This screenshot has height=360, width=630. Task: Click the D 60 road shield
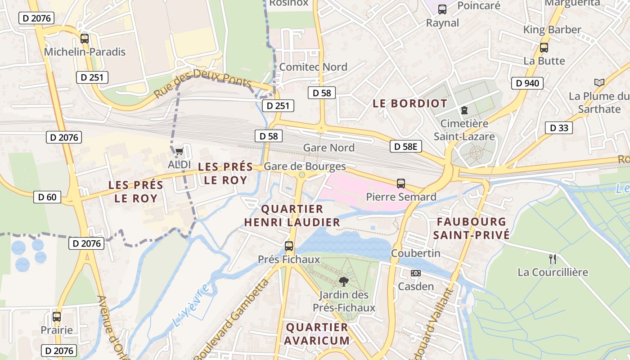pyautogui.click(x=47, y=197)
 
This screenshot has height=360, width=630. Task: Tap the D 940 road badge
pyautogui.click(x=527, y=83)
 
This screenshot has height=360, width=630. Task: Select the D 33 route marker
pyautogui.click(x=559, y=128)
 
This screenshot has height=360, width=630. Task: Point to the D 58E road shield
pyautogui.click(x=406, y=146)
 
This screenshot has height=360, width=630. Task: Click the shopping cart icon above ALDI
pyautogui.click(x=180, y=151)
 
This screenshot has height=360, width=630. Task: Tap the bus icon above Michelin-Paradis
pyautogui.click(x=84, y=39)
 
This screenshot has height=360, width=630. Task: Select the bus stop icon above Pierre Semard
pyautogui.click(x=401, y=184)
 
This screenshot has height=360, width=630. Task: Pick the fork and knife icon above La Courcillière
pyautogui.click(x=553, y=259)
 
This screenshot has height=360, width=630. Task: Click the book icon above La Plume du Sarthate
pyautogui.click(x=599, y=83)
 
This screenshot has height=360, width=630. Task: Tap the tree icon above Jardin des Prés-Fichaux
pyautogui.click(x=344, y=282)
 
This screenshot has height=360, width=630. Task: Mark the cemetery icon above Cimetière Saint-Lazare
pyautogui.click(x=464, y=110)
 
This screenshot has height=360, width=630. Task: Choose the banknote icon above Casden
pyautogui.click(x=416, y=273)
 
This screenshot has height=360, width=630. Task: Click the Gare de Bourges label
pyautogui.click(x=305, y=166)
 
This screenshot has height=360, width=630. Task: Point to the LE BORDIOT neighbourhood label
pyautogui.click(x=410, y=103)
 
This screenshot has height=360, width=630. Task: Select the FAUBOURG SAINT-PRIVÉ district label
pyautogui.click(x=471, y=228)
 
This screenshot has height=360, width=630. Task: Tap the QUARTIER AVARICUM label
pyautogui.click(x=317, y=333)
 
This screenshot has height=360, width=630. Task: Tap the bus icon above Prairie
pyautogui.click(x=57, y=316)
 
